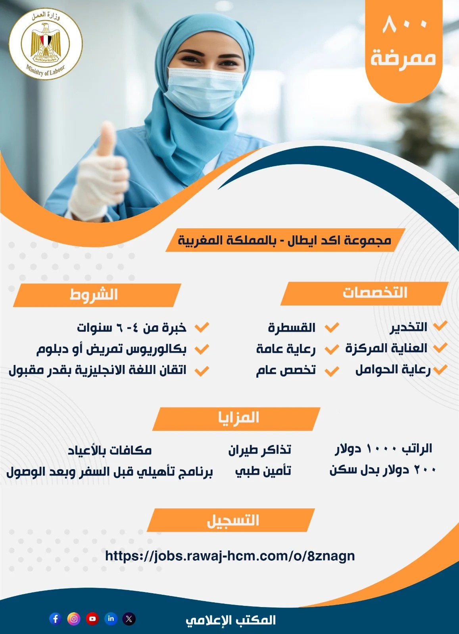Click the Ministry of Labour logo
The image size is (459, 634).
click(46, 44)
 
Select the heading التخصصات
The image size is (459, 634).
click(375, 292)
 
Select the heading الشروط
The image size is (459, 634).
click(94, 294)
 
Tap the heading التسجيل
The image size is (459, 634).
click(233, 520)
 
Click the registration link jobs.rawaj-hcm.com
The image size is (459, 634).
click(230, 555)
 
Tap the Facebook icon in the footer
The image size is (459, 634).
click(55, 619)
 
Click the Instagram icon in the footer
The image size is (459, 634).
click(74, 619)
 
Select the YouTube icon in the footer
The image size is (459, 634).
click(92, 619)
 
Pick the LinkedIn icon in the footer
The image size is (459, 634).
click(111, 619)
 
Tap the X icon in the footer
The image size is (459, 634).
click(129, 619)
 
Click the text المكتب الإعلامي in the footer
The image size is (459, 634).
click(230, 620)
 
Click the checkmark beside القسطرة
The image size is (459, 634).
click(332, 327)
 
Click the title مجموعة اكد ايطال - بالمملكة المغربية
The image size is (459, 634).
click(284, 240)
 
